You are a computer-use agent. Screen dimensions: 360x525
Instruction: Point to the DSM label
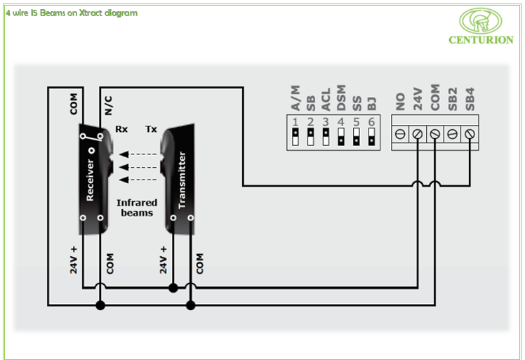click(x=341, y=98)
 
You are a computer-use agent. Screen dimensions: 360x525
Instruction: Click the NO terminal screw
click(x=400, y=133)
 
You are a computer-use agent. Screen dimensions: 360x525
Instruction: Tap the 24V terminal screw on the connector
click(x=418, y=133)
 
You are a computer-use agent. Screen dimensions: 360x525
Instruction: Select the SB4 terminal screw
click(x=470, y=133)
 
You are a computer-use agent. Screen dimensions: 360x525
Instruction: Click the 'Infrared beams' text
click(x=137, y=208)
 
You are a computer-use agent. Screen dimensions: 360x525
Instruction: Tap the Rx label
click(x=121, y=129)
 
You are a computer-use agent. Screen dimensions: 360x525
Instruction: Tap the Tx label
click(x=151, y=129)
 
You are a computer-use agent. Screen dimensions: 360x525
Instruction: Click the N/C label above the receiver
click(x=109, y=105)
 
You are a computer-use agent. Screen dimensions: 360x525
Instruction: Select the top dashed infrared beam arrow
click(x=136, y=154)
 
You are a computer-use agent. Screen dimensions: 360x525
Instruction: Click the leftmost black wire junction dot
click(x=100, y=305)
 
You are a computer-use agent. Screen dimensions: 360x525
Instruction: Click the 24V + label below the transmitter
click(x=164, y=260)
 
